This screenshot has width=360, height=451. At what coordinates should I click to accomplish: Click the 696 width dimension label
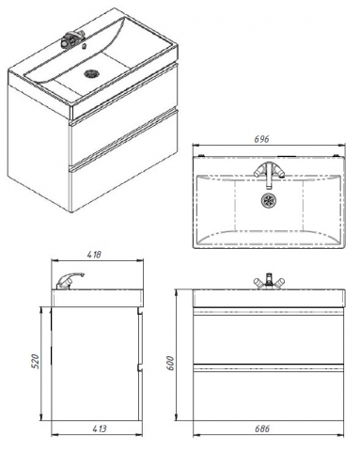[x=261, y=139]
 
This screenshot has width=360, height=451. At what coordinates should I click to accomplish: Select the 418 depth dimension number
[x=94, y=255]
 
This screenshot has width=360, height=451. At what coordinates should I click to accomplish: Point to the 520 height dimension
[x=36, y=361]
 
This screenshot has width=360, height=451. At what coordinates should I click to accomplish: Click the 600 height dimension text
[x=170, y=363]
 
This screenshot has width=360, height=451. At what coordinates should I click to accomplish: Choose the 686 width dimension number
[x=261, y=428]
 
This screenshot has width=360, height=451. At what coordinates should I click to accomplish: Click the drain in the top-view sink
[x=269, y=200]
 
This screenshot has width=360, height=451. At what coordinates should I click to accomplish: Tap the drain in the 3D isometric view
[x=91, y=74]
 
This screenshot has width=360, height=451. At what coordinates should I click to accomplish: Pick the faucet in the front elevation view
[x=269, y=281]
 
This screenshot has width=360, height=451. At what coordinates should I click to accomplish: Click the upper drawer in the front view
[x=269, y=338]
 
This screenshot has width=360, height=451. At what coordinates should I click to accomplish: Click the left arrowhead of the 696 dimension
[x=196, y=145]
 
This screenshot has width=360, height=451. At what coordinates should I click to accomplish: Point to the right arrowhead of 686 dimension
[x=340, y=435]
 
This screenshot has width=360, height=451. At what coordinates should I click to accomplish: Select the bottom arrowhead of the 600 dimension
[x=176, y=417]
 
